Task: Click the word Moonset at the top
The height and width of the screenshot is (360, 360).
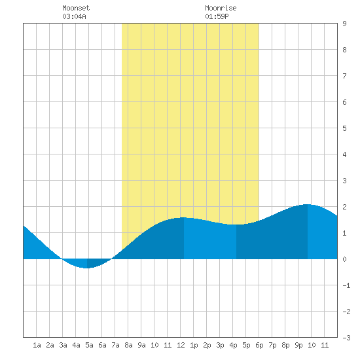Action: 76,8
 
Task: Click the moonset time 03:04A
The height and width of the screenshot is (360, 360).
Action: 74,16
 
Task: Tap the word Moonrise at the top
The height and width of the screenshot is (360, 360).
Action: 221,8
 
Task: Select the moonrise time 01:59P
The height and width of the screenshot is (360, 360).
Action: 217,16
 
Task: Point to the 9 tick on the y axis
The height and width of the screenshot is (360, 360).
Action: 344,24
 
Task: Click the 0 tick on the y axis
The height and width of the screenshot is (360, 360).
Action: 344,259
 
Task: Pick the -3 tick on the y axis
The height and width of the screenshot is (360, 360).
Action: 346,338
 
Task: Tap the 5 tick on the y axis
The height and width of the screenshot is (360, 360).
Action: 344,128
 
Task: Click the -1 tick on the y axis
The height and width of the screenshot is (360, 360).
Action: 346,285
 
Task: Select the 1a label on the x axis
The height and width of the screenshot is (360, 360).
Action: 37,345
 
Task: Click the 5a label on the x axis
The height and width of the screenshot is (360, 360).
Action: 89,345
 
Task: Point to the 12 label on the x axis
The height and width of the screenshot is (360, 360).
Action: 181,345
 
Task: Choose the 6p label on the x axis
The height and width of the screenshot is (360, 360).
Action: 259,345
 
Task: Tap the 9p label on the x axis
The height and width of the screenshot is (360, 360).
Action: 298,345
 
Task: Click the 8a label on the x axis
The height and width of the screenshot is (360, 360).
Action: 128,345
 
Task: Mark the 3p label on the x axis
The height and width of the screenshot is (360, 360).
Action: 220,345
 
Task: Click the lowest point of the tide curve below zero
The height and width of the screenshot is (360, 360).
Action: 86,268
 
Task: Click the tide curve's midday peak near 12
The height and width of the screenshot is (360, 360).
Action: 183,217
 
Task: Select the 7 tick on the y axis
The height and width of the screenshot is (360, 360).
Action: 344,76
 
